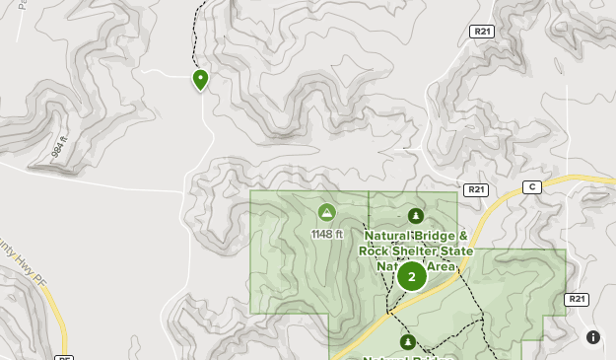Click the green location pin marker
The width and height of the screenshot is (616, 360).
200,79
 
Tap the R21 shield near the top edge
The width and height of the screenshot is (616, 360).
481,32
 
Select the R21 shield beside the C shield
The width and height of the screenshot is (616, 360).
476,188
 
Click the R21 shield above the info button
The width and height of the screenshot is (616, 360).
576,299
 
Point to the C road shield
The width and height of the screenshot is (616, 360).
532,186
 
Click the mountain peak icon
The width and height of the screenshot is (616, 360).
326,212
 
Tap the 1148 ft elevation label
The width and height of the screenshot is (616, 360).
326,235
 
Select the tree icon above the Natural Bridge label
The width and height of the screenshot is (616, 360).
415,216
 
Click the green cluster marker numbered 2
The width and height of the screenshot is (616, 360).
412,276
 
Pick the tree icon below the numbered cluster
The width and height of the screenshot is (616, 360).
407,342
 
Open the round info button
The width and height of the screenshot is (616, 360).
593,337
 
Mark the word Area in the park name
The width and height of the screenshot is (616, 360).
443,266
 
